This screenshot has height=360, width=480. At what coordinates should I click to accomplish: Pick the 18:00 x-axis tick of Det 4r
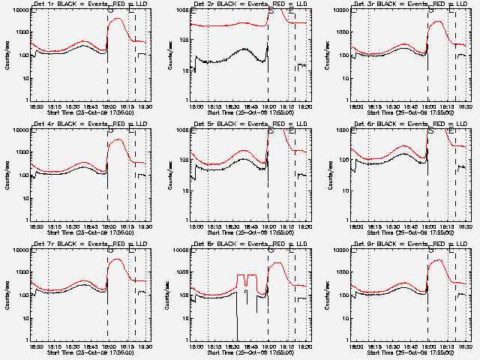[36, 226]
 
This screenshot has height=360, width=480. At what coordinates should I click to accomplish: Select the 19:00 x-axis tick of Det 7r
[109, 346]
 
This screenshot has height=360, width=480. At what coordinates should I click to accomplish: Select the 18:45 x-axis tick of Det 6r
[412, 226]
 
